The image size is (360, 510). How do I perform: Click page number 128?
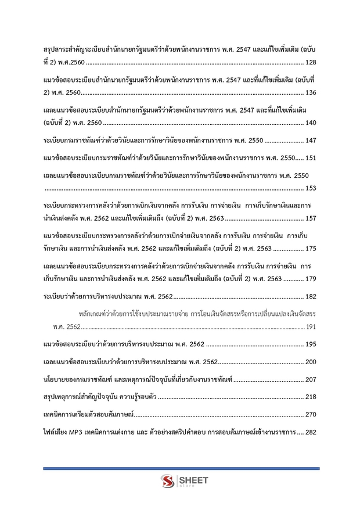310,62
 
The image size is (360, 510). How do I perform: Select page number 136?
310,92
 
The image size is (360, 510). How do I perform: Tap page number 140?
310,123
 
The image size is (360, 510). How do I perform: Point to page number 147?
310,141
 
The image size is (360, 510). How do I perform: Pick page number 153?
310,188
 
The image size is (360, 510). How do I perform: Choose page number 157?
310,218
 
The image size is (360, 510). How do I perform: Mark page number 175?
310,249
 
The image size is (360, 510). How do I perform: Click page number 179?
310,279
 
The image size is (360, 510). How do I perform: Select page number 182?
310,297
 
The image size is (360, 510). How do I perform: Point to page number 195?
310,344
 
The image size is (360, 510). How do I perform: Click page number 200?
310,362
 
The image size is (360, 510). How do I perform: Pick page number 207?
310,380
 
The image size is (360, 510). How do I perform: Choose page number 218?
310,397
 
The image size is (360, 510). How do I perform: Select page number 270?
310,415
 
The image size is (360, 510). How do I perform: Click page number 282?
310,433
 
